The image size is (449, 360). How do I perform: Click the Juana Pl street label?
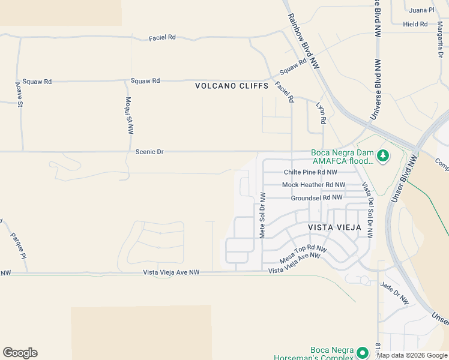pos(421,10)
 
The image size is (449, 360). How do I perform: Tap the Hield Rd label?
pos(415,25)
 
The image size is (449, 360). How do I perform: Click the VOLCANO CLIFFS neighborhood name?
pos(232,86)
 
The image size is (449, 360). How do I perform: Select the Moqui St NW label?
pos(130,115)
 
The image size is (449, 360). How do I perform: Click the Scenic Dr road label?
pos(149,152)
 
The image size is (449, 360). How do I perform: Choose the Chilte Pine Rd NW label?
pos(315,173)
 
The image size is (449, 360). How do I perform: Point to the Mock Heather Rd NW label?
pos(313,185)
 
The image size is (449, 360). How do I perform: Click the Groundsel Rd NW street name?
pos(316,197)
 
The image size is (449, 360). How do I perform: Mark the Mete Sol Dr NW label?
pos(262,214)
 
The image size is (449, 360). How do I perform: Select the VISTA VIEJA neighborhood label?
pos(334,228)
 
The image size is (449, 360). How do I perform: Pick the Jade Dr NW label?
pos(395,293)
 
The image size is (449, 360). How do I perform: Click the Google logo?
pos(20,353)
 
